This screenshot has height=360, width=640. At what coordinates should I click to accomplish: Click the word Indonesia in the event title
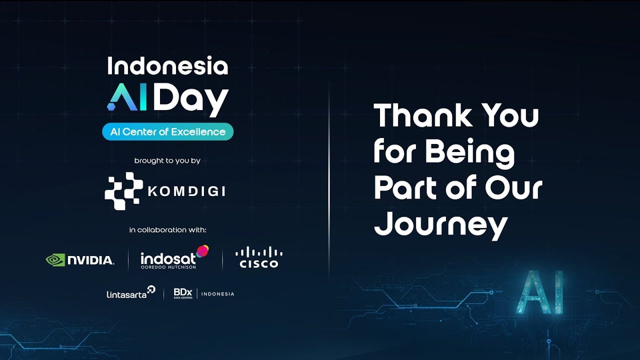point(167,66)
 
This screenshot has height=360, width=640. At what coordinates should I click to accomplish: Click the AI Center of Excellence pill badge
point(167,131)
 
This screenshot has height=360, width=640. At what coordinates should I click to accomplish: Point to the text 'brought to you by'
point(167,161)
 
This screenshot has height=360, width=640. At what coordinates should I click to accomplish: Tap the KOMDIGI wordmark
point(186,191)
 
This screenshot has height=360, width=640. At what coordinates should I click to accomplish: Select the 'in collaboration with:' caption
point(167,230)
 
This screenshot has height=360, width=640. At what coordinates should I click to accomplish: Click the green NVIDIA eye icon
point(55,260)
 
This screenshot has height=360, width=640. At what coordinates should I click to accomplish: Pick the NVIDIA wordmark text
point(90,260)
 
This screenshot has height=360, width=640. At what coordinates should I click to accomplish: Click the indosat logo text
point(168,259)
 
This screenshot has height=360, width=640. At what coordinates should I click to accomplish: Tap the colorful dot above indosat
point(202,251)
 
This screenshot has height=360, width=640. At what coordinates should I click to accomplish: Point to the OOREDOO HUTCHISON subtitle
point(168,267)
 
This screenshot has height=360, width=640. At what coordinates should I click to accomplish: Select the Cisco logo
point(259,257)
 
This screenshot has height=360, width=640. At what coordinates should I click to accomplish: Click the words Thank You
point(456,116)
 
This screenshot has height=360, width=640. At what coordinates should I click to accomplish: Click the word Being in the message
point(469,152)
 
